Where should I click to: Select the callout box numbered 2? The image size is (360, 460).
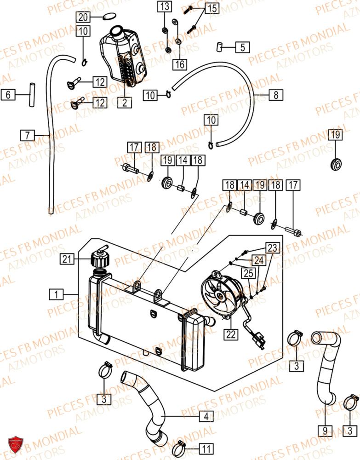(124, 103)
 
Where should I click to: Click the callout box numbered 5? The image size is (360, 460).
(243, 46)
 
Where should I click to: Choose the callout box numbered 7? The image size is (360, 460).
(27, 135)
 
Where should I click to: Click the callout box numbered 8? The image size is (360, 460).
(276, 95)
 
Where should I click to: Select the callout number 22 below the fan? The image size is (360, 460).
(231, 334)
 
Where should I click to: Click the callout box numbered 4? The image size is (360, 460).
(206, 417)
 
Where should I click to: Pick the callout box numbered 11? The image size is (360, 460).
(206, 448)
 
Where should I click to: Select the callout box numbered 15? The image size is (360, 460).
(212, 8)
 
